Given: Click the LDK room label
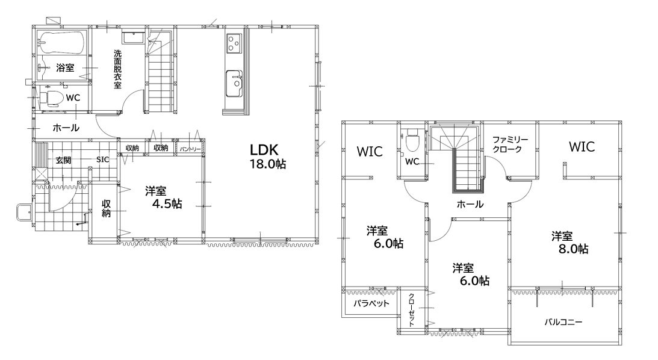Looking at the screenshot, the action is point(264,150).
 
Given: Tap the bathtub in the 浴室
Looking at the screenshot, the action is point(61,42).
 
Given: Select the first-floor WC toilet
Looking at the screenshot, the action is point(52,98).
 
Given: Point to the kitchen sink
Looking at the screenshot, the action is point(234,82).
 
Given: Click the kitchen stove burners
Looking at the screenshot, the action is point(234,43).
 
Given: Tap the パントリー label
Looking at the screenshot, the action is point(190,149).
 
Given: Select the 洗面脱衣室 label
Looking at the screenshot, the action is point(117,69).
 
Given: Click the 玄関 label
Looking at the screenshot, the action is point(63,160).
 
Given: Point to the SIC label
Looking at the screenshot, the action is point(102,160).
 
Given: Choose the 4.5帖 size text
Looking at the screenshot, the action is point(167,204).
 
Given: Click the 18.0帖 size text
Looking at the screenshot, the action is point(268,164).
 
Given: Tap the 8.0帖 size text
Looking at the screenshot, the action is point(573,249).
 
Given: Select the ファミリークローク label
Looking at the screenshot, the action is point(510,144).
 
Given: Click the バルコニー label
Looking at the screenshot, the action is point(563,322).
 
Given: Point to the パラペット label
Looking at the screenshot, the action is point(371,303).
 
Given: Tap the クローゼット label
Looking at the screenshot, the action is point(411,309).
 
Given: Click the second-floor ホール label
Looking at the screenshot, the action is point(470,204).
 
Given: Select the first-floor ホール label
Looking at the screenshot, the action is point(66,128).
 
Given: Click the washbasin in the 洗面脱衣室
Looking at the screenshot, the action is point(134,37).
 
